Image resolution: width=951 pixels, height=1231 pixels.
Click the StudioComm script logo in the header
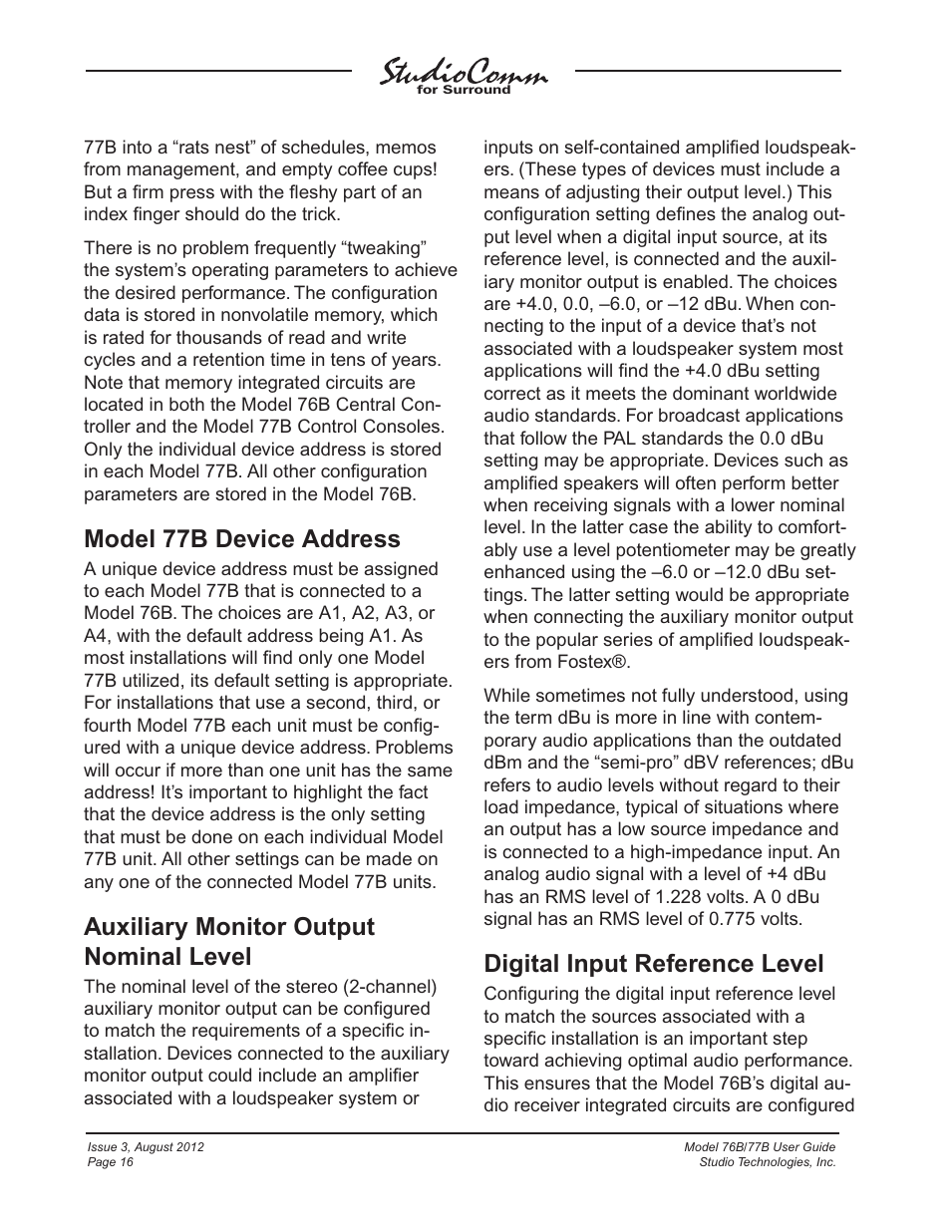(463, 73)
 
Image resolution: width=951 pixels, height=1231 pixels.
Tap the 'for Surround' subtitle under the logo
(463, 90)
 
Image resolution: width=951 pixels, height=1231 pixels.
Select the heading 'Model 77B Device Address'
(241, 539)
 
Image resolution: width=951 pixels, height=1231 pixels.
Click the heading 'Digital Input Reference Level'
(653, 964)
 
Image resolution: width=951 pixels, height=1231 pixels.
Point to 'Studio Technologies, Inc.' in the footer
(768, 1162)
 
